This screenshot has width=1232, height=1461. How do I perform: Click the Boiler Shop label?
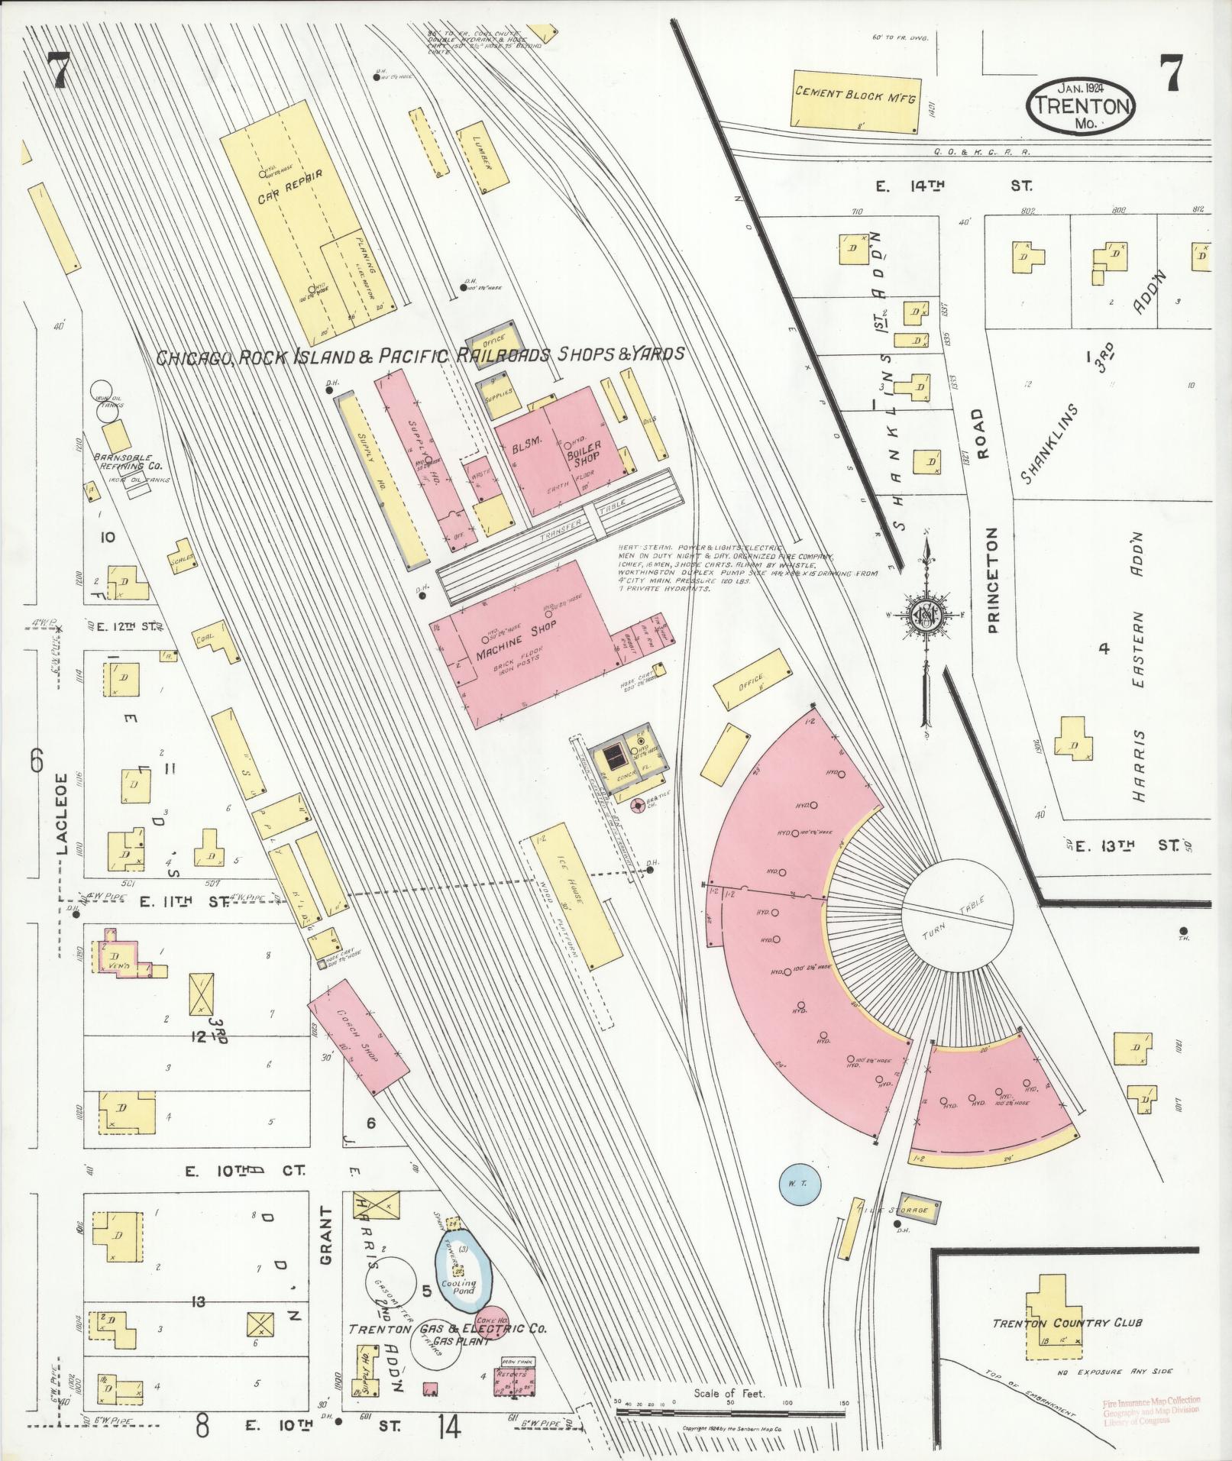click(x=584, y=452)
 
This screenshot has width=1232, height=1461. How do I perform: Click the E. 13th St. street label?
click(x=1131, y=845)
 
